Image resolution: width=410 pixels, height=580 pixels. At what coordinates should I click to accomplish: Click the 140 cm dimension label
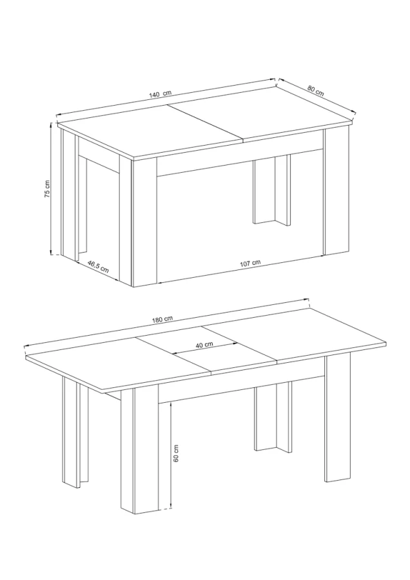[x=161, y=93]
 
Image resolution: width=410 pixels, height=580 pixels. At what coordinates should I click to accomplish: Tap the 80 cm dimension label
[x=316, y=91]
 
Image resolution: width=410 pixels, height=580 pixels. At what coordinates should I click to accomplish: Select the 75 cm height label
[x=48, y=189]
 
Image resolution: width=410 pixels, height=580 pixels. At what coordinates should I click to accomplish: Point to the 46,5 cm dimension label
[x=98, y=266]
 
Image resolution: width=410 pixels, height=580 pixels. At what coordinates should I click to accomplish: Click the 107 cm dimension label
[x=250, y=263]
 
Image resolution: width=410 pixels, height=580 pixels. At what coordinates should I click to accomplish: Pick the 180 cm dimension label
[x=162, y=319]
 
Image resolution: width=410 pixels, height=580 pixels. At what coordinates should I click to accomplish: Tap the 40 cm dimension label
[x=204, y=344]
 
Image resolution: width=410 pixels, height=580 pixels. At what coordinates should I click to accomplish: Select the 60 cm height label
[x=176, y=453]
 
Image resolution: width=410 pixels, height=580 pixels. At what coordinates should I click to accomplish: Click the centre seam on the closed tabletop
[x=206, y=124]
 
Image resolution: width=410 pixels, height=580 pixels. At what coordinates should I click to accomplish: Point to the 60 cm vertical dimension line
[x=170, y=456]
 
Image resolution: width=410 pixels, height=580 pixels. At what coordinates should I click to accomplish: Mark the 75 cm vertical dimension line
[x=52, y=189]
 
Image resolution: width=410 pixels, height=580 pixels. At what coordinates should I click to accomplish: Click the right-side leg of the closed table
[x=337, y=191]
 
